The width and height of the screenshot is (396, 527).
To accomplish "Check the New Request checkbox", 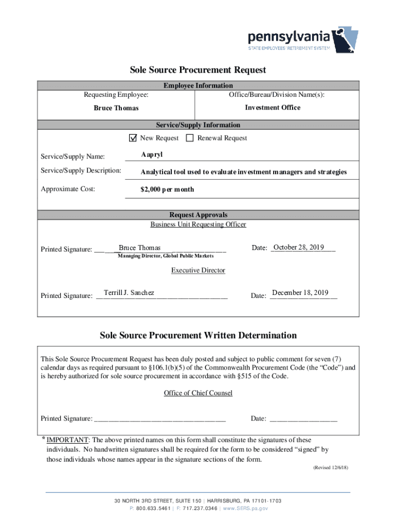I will point(133,138).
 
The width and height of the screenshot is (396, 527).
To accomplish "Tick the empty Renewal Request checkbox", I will point(189,138).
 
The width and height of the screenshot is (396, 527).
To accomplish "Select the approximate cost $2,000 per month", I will point(167,189).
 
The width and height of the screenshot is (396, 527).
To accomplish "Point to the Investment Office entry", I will point(273,108).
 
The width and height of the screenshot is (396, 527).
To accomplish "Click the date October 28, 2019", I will point(298,248).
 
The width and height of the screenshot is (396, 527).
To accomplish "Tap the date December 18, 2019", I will point(300,293).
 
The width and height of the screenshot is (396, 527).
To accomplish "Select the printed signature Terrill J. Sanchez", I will point(129,293).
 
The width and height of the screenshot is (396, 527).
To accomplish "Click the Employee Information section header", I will point(198,85).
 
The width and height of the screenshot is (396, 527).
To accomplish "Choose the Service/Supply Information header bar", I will point(198,125).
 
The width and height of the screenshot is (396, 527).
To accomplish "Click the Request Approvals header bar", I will point(198,215).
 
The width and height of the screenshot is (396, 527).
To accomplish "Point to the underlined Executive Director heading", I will point(198,270).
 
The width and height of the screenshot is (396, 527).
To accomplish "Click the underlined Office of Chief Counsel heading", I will point(198,393).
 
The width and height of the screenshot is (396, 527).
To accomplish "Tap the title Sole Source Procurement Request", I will point(198,69).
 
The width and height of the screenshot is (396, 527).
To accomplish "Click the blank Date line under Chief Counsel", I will point(303,419).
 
